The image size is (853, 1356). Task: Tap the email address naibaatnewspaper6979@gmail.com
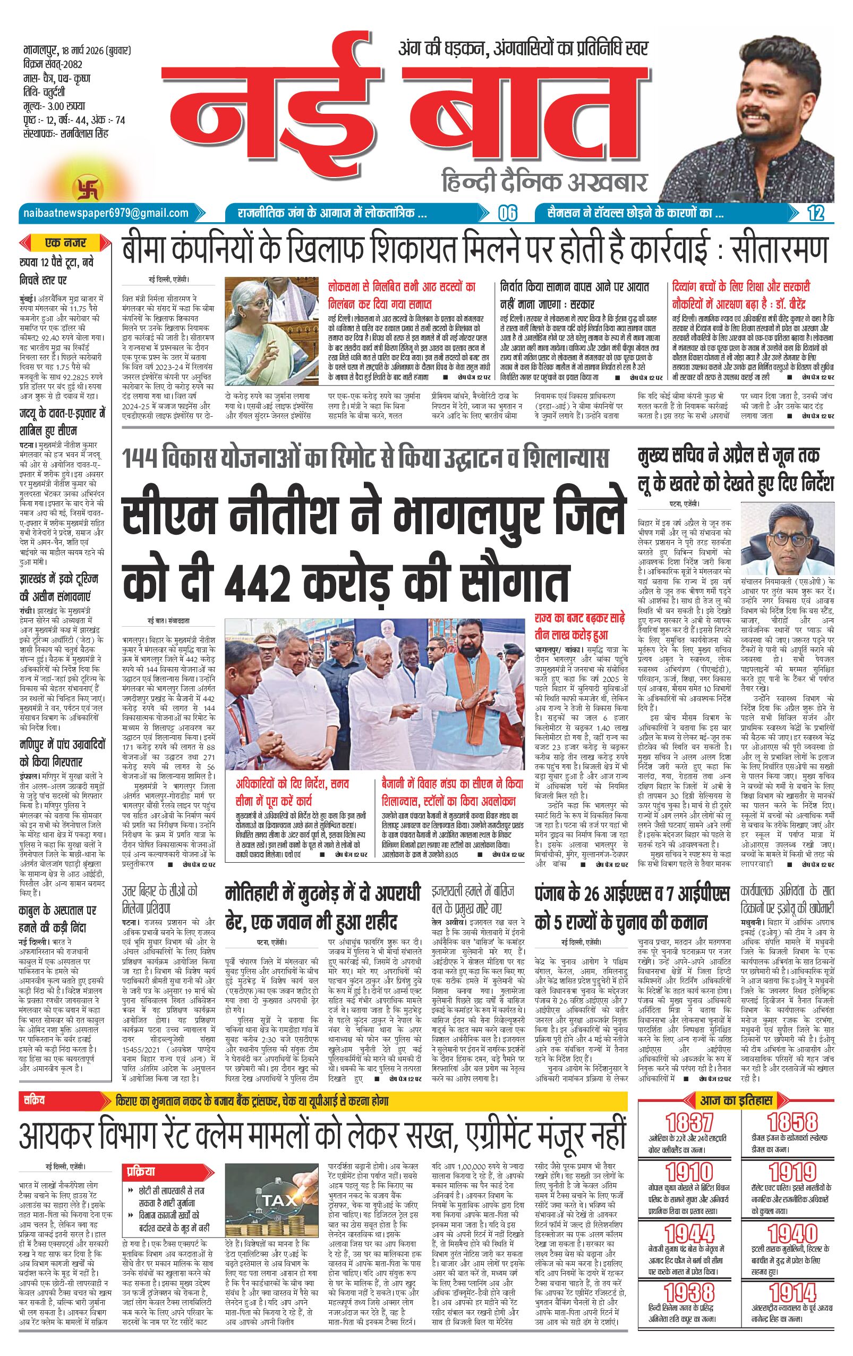tap(106, 214)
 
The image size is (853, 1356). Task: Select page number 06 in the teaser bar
tap(508, 214)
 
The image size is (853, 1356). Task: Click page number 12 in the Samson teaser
tap(815, 214)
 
